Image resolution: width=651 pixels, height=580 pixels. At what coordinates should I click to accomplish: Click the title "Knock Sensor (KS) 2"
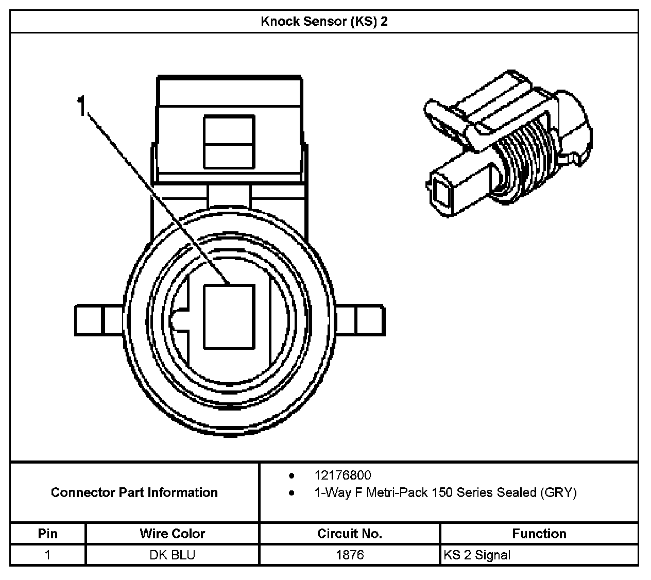click(x=324, y=22)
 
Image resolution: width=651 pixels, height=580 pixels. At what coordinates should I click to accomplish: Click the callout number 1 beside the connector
click(x=81, y=106)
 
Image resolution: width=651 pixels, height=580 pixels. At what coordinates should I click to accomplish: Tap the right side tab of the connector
click(x=359, y=321)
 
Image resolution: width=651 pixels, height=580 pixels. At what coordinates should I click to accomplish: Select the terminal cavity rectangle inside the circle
click(x=229, y=317)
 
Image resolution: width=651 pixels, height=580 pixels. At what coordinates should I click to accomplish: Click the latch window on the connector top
click(x=229, y=142)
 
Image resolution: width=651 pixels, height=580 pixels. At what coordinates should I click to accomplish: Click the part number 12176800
click(x=342, y=475)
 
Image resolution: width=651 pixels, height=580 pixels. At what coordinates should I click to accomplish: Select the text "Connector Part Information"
click(x=134, y=492)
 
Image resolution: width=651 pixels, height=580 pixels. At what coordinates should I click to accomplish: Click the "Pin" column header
click(x=48, y=534)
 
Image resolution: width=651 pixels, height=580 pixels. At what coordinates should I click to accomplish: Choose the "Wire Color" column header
click(x=172, y=534)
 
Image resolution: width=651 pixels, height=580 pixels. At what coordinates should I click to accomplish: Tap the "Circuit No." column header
click(x=350, y=534)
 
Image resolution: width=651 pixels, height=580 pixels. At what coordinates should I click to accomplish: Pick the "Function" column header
click(x=539, y=534)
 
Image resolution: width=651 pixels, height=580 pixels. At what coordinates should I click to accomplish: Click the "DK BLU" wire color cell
click(x=172, y=555)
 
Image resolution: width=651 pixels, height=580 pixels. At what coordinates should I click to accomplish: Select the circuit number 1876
click(x=350, y=555)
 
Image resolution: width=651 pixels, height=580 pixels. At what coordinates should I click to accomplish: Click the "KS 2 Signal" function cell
click(x=477, y=555)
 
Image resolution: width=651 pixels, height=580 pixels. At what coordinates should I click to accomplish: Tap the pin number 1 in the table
click(x=48, y=555)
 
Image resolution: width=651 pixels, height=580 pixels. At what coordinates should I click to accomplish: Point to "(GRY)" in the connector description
click(x=558, y=493)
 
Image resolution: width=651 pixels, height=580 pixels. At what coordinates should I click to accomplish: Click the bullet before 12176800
click(x=292, y=475)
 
